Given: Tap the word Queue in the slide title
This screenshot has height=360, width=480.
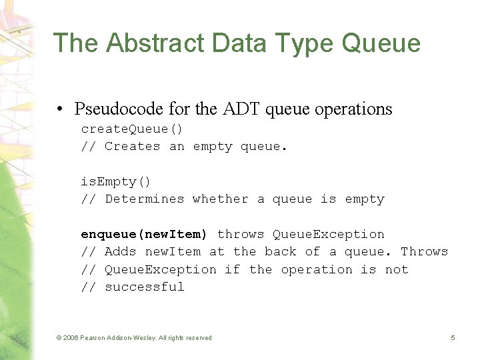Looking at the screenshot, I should pos(381,43).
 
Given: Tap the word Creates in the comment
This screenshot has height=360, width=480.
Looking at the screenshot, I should pos(132,146).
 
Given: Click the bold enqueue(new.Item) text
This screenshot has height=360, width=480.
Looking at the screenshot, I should pos(144,234).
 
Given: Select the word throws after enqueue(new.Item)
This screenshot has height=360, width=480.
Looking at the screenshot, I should pos(241,234).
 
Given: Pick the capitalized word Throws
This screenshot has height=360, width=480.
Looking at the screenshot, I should pos(424,251).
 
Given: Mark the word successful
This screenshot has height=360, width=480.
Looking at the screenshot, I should pos(144,287).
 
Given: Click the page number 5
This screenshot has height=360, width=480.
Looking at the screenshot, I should pos(453,338).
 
